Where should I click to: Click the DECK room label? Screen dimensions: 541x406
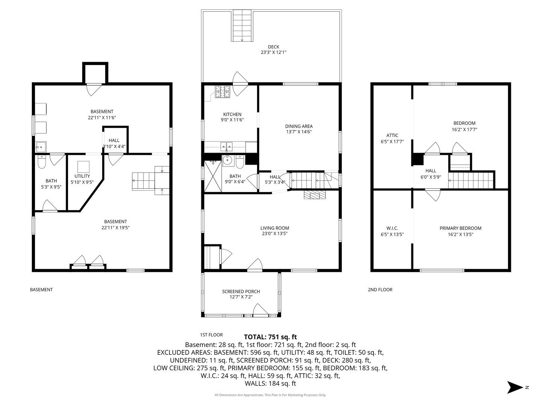[x=274, y=47]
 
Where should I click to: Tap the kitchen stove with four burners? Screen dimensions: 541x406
[x=222, y=92]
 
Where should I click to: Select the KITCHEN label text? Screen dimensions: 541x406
[x=232, y=114]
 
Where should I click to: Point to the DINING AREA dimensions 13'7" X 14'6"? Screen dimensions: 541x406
[x=299, y=132]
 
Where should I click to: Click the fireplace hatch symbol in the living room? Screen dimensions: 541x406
[x=315, y=195]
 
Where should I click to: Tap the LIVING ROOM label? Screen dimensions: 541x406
[x=275, y=228]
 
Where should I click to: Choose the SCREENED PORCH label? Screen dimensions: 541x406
[x=241, y=292]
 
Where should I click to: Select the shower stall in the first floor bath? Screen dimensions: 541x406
[x=213, y=176]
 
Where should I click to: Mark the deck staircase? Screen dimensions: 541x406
[x=242, y=26]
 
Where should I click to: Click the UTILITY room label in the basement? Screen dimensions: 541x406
[x=82, y=176]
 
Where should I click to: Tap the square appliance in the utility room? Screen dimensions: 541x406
[x=83, y=167]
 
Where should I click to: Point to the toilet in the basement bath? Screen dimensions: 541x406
[x=42, y=162]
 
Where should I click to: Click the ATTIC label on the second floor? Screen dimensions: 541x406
[x=392, y=136]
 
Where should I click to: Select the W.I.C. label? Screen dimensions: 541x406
[x=392, y=228]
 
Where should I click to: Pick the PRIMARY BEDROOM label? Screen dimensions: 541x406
[x=460, y=228]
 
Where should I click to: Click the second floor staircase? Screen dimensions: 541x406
[x=471, y=180]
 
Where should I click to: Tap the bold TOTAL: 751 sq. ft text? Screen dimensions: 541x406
[x=270, y=337]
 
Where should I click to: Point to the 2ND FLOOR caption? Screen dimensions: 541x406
[x=380, y=289]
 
